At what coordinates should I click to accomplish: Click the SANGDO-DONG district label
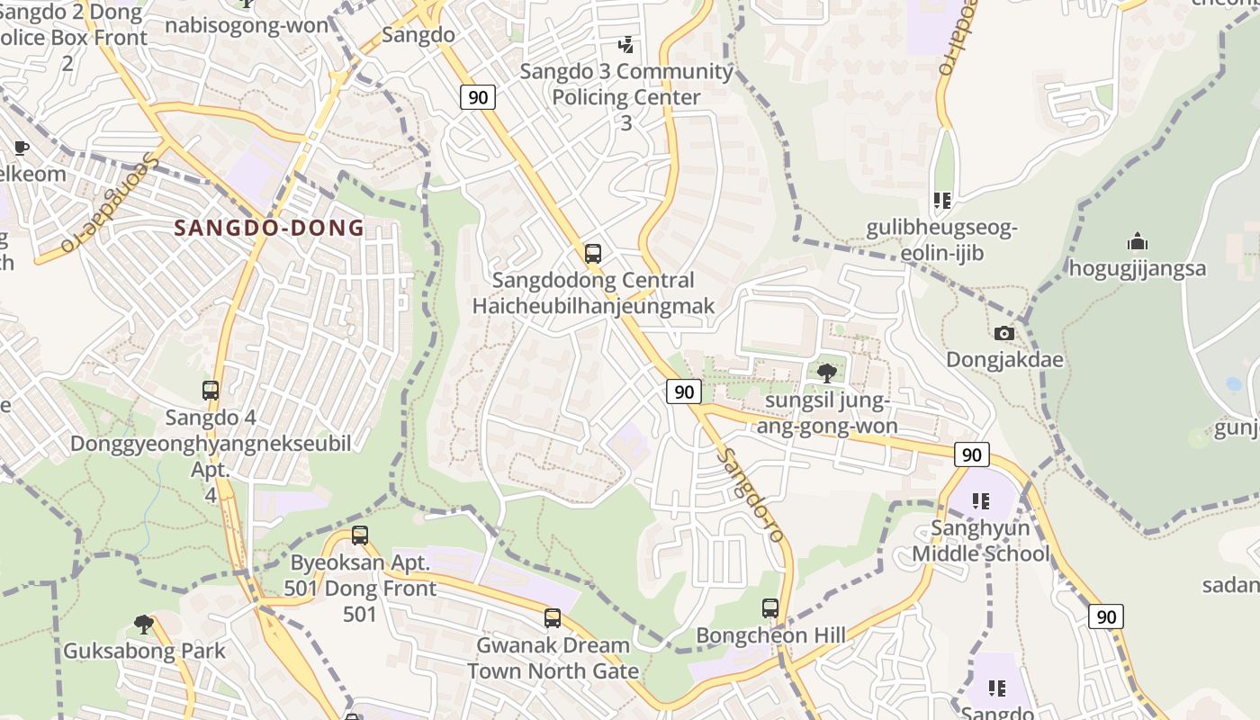pyautogui.click(x=269, y=228)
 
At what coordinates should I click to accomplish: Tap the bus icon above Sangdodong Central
pyautogui.click(x=592, y=254)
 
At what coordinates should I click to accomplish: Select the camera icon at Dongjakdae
pyautogui.click(x=1004, y=334)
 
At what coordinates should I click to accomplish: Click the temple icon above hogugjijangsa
pyautogui.click(x=1138, y=242)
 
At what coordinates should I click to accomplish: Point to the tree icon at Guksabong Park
pyautogui.click(x=143, y=624)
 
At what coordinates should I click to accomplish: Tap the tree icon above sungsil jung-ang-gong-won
pyautogui.click(x=827, y=373)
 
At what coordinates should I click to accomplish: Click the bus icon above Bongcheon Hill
pyautogui.click(x=770, y=608)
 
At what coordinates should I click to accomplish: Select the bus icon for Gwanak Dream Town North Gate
pyautogui.click(x=553, y=618)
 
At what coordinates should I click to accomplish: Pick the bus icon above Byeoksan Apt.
pyautogui.click(x=360, y=535)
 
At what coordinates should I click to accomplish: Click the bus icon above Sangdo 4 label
pyautogui.click(x=211, y=391)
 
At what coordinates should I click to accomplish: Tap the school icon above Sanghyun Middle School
pyautogui.click(x=981, y=501)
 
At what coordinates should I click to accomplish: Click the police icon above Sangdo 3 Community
pyautogui.click(x=626, y=44)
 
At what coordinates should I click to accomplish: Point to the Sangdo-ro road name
pyautogui.click(x=752, y=495)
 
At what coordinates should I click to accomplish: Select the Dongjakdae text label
pyautogui.click(x=1004, y=360)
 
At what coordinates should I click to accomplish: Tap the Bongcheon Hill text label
pyautogui.click(x=770, y=635)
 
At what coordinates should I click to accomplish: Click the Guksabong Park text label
pyautogui.click(x=144, y=651)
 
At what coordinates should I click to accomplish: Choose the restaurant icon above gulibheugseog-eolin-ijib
pyautogui.click(x=942, y=201)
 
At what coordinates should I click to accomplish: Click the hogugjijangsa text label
pyautogui.click(x=1138, y=268)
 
